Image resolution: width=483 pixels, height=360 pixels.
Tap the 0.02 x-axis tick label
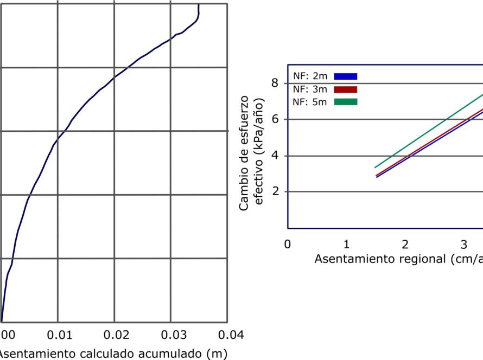coord(114,333)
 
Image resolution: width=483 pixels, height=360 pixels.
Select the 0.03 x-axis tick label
coord(170,333)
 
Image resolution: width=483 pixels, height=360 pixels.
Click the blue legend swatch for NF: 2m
coord(346,76)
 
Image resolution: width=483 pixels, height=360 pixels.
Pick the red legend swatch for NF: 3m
coord(346,89)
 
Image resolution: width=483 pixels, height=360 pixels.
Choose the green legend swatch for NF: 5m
coord(346,102)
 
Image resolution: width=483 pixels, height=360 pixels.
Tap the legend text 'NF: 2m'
coord(310,76)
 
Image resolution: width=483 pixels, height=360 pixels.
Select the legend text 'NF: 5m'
coord(310,102)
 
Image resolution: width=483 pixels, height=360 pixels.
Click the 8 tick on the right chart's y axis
coord(275,83)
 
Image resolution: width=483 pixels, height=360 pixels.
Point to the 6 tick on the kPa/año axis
coord(275,119)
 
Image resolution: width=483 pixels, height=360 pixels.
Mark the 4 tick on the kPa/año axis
coord(275,156)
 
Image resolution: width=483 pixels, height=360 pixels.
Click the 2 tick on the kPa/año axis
coord(275,191)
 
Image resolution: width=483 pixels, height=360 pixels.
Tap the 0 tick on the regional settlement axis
coord(288,243)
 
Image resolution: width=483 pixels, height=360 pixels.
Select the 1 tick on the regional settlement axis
coord(346,243)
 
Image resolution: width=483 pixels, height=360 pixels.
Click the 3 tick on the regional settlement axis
coord(464,243)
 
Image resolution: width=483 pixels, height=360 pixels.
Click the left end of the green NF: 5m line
coord(375,168)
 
